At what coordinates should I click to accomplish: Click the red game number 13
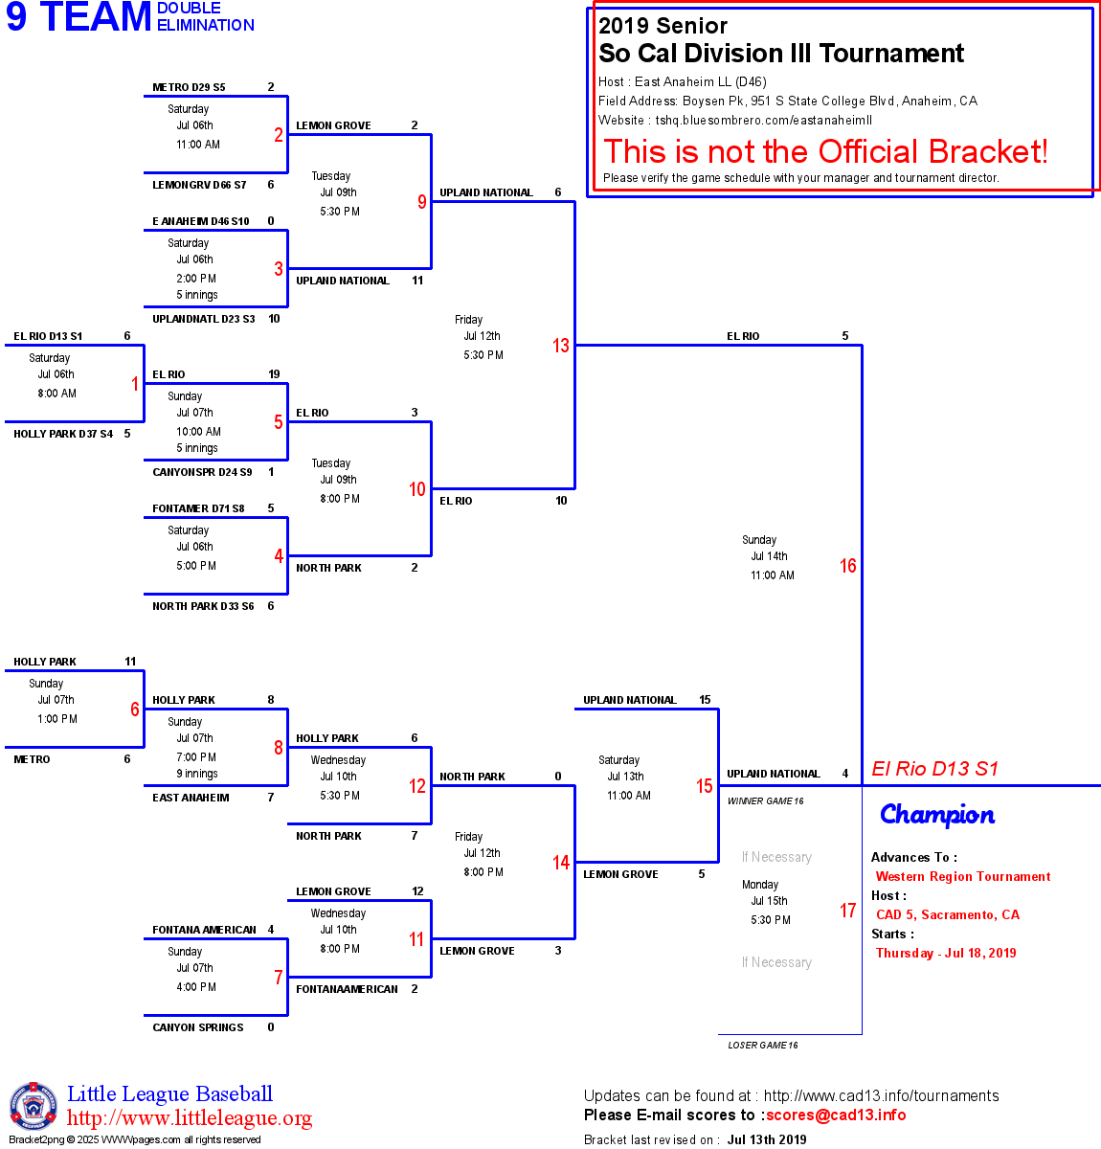pyautogui.click(x=561, y=346)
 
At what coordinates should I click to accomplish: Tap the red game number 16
pyautogui.click(x=848, y=566)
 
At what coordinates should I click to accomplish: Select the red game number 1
pyautogui.click(x=135, y=384)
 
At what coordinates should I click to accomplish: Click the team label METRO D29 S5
pyautogui.click(x=189, y=87)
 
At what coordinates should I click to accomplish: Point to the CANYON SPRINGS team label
pyautogui.click(x=198, y=1027)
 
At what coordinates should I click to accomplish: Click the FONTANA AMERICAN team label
pyautogui.click(x=204, y=930)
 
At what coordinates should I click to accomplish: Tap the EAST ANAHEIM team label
pyautogui.click(x=191, y=798)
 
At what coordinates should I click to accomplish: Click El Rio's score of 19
pyautogui.click(x=274, y=374)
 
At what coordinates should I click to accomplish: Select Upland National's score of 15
pyautogui.click(x=705, y=700)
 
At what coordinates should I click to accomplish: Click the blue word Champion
pyautogui.click(x=937, y=815)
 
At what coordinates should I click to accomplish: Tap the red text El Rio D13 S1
pyautogui.click(x=934, y=769)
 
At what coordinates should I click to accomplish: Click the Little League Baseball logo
pyautogui.click(x=34, y=1106)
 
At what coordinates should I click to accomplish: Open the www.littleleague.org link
pyautogui.click(x=190, y=1118)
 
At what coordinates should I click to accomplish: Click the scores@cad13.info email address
pyautogui.click(x=836, y=1115)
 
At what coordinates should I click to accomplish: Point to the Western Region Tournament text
pyautogui.click(x=963, y=876)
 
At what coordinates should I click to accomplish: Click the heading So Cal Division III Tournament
pyautogui.click(x=781, y=54)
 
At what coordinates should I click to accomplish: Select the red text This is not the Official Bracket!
pyautogui.click(x=825, y=151)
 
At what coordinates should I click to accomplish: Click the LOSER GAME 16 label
pyautogui.click(x=763, y=1046)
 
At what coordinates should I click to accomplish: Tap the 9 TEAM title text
pyautogui.click(x=79, y=17)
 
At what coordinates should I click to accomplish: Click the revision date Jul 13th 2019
pyautogui.click(x=767, y=1139)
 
